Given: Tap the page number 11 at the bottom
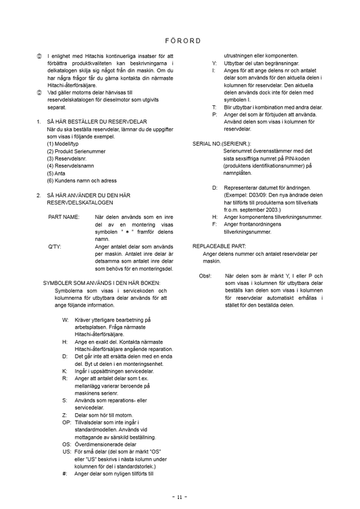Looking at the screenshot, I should [x=179, y=496].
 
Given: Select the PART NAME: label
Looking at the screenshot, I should [x=64, y=217].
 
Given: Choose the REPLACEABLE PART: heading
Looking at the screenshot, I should [x=219, y=246].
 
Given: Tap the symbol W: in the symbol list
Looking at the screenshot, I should [x=65, y=319].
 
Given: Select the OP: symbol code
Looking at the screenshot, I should [x=66, y=422].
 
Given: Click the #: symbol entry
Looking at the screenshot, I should [x=65, y=473].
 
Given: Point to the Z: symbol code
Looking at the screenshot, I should [x=65, y=414].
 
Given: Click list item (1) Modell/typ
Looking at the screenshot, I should [x=63, y=144].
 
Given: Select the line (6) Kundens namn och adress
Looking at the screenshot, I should [x=82, y=180].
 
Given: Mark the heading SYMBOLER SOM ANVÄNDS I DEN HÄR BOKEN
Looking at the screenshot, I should [x=102, y=283].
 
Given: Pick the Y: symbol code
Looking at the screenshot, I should [x=214, y=63].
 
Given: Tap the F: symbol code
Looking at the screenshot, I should [x=215, y=224].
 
